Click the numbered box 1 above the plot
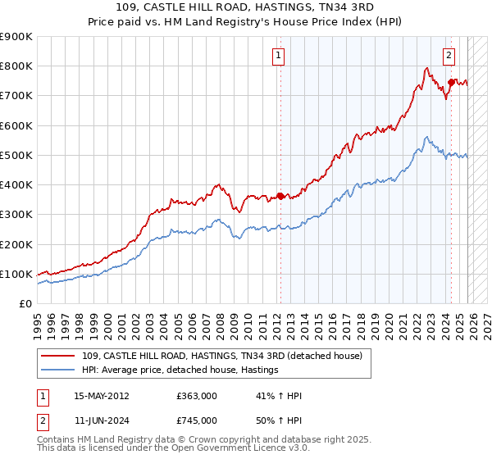(279, 56)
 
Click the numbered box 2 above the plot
(449, 56)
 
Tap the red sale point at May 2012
(280, 196)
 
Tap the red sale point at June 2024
(451, 81)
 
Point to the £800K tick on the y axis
(18, 66)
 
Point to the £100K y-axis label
(18, 274)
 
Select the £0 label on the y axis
(25, 303)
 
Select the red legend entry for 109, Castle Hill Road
(227, 356)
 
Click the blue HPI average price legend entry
(180, 370)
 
